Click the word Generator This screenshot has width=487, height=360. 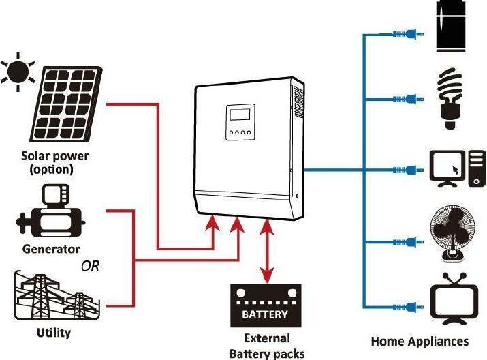pyautogui.click(x=51, y=249)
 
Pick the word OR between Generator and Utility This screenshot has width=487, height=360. pyautogui.click(x=90, y=266)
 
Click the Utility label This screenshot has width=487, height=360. pyautogui.click(x=53, y=333)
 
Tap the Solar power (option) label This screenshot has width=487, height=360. pyautogui.click(x=55, y=162)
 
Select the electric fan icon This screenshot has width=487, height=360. pyautogui.click(x=450, y=235)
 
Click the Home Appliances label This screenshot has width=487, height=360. pyautogui.click(x=420, y=340)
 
